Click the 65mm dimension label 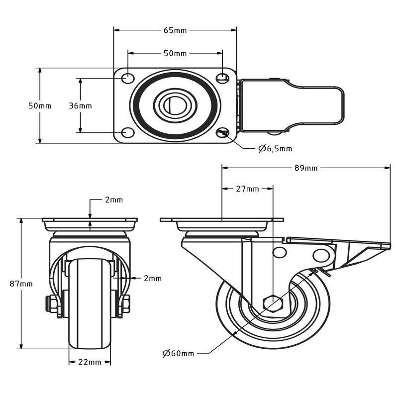pyautogui.click(x=175, y=30)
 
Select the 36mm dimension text pyautogui.click(x=80, y=106)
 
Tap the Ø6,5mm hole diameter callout pyautogui.click(x=275, y=148)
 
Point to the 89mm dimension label pyautogui.click(x=306, y=168)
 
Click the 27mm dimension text pyautogui.click(x=247, y=189)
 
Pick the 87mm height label pyautogui.click(x=21, y=284)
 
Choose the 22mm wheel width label pyautogui.click(x=90, y=362)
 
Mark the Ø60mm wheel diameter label pyautogui.click(x=178, y=353)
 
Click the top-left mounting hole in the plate pyautogui.click(x=128, y=78)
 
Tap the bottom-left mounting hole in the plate pyautogui.click(x=128, y=132)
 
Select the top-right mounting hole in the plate pyautogui.click(x=222, y=78)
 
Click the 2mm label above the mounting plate pyautogui.click(x=114, y=200)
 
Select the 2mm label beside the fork pyautogui.click(x=153, y=279)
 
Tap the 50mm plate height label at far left pyautogui.click(x=40, y=106)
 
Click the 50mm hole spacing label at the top pyautogui.click(x=175, y=53)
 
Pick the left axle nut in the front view pyautogui.click(x=52, y=304)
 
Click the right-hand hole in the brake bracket pyautogui.click(x=321, y=256)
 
